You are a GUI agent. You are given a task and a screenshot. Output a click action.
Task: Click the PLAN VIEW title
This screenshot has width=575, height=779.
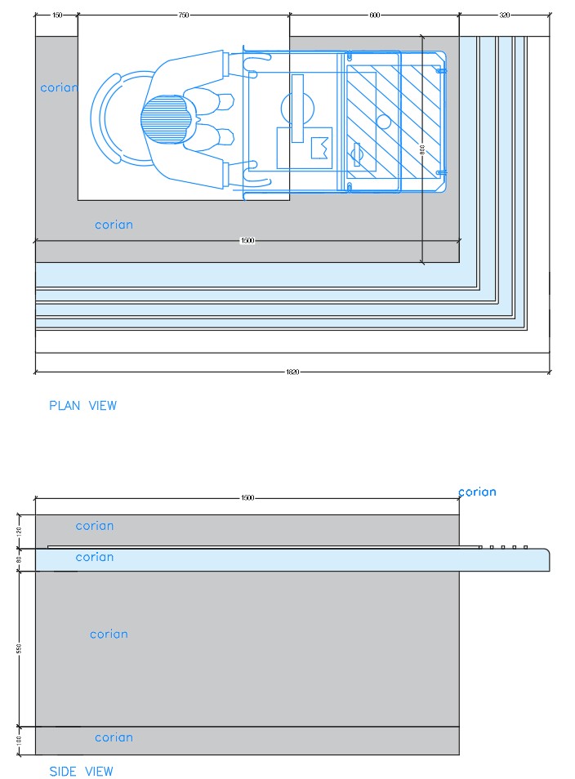pos(82,405)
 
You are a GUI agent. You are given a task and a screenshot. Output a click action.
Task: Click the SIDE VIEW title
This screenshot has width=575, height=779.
pos(81,771)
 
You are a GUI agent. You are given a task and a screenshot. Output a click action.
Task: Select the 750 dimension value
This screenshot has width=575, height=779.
pos(184,16)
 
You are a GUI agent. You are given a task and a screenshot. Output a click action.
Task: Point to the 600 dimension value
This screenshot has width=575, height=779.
pos(375,16)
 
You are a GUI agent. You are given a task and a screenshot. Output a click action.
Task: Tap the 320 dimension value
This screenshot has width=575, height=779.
pos(504,16)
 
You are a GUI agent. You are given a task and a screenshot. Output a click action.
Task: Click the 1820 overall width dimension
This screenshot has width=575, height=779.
pos(292,372)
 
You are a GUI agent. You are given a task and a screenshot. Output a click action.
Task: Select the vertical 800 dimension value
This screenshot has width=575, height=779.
pos(422,149)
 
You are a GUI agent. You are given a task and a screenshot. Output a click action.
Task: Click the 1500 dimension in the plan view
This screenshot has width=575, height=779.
pos(247,241)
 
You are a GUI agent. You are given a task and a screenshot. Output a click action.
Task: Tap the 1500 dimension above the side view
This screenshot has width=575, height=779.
pos(247,497)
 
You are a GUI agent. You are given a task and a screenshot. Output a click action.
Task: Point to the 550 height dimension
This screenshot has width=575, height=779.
pos(19,648)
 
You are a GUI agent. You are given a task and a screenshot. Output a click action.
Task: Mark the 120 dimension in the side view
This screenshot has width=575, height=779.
pos(19,531)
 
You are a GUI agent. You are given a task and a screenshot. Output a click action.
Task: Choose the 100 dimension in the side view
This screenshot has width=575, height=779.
pos(19,740)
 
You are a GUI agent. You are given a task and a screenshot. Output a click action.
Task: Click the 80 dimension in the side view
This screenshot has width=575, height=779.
pos(19,559)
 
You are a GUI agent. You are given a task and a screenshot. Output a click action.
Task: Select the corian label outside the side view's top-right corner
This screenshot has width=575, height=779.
pos(477,492)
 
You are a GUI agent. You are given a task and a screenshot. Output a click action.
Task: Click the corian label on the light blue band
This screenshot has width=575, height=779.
pos(95,557)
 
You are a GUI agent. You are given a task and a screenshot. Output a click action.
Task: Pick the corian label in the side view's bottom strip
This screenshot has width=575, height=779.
pos(114,737)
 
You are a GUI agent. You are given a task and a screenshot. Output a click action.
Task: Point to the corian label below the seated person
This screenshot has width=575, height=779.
pos(114,225)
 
